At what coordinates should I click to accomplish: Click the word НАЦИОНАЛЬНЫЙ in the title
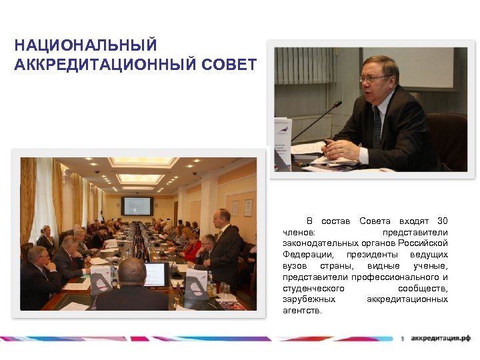pyautogui.click(x=85, y=46)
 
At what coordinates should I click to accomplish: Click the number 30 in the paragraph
pyautogui.click(x=442, y=221)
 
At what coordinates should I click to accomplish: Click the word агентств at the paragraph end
pyautogui.click(x=301, y=311)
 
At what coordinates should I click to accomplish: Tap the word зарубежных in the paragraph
pyautogui.click(x=309, y=299)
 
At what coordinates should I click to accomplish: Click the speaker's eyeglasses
pyautogui.click(x=373, y=79)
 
